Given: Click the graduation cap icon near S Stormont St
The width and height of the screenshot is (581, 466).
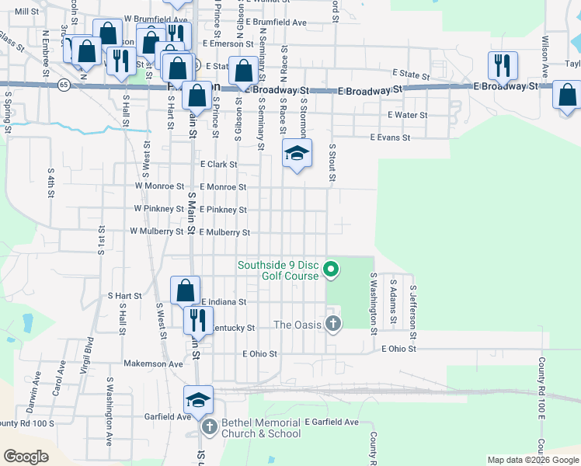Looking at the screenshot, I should (296, 154).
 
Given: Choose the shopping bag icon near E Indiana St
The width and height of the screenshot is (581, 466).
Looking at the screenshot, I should (186, 291).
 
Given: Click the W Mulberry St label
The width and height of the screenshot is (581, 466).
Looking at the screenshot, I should (156, 231).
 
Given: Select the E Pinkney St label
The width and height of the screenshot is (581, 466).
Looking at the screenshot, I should (223, 210).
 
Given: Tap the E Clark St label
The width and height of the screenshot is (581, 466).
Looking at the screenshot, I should (218, 165).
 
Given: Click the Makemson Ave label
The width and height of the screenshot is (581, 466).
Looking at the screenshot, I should (153, 363).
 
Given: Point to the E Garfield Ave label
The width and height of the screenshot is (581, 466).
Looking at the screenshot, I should (332, 422).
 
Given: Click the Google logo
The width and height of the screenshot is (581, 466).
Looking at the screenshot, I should (26, 456).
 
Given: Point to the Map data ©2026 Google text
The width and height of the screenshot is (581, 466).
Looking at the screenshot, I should (532, 460).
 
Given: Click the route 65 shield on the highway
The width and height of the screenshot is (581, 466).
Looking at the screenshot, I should (61, 83).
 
